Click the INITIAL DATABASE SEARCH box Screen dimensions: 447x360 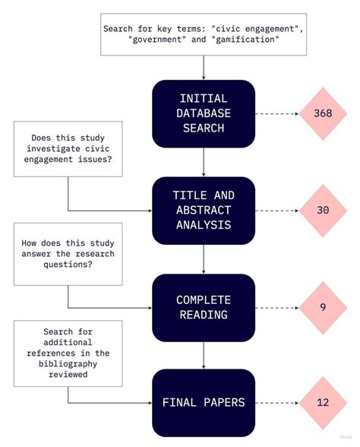203,113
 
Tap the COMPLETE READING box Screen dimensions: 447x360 203,307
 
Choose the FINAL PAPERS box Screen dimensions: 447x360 203,402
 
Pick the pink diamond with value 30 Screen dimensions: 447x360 322,211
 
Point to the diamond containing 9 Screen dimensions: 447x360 323,307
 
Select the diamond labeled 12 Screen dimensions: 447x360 322,402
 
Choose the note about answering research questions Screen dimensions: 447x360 63,254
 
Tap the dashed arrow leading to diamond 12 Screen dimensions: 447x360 275,402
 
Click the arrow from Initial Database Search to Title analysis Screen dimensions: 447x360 203,162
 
